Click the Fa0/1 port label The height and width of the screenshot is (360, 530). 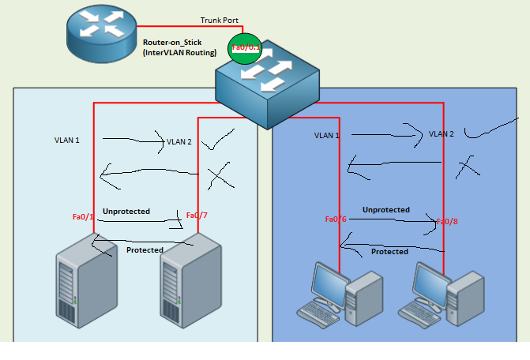tap(83, 216)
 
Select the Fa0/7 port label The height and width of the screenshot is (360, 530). tap(197, 215)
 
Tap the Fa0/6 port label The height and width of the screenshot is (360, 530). tap(336, 219)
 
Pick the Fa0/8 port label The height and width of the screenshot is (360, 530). tap(447, 222)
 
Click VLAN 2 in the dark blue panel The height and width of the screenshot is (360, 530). tap(441, 134)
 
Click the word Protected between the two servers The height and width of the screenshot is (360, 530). tap(145, 250)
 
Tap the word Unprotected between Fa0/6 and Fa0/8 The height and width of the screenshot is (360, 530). tap(385, 210)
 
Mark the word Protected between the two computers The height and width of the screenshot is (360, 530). tap(389, 252)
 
